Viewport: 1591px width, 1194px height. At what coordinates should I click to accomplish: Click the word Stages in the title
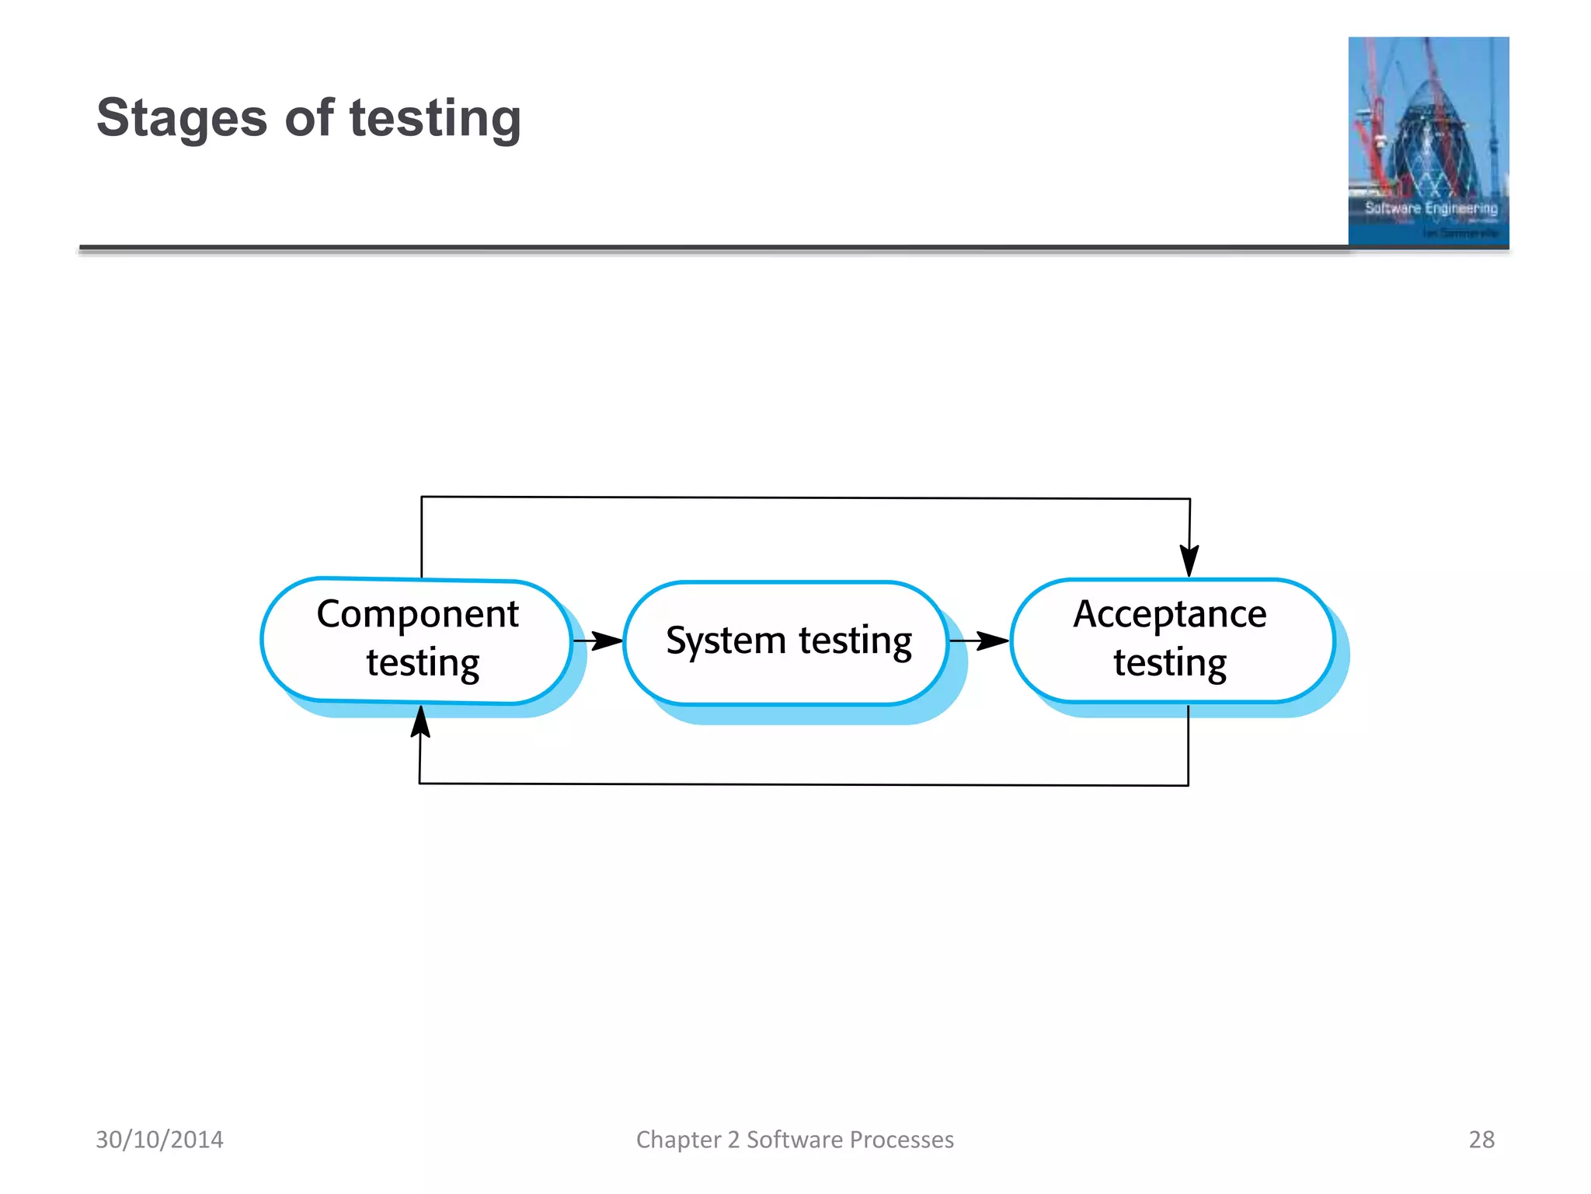point(181,118)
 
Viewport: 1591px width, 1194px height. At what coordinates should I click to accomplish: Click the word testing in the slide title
point(434,118)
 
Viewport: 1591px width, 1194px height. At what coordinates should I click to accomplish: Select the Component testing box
point(417,640)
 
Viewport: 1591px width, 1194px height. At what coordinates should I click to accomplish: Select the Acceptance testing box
point(1171,640)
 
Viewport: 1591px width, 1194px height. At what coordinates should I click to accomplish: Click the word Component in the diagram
point(417,614)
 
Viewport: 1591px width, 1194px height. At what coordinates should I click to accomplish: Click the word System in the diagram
point(726,641)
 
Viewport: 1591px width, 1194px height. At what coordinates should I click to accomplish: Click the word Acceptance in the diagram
point(1170,614)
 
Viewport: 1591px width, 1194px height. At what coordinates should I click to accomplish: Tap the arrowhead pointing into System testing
point(608,641)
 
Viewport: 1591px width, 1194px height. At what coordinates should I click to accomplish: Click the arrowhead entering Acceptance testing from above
point(1189,560)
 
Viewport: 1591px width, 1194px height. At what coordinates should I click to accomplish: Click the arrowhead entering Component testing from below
point(420,722)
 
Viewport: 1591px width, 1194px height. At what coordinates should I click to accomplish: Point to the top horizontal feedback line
point(805,497)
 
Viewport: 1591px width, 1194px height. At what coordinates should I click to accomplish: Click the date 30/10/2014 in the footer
point(159,1140)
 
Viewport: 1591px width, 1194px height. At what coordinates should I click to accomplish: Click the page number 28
point(1481,1140)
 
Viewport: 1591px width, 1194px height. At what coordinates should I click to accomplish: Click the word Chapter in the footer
point(678,1140)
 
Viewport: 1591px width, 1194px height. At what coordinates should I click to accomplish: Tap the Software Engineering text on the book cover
point(1431,208)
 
